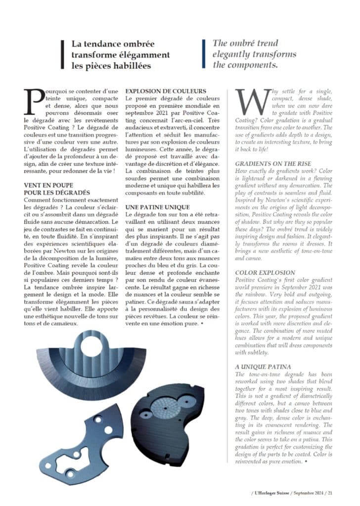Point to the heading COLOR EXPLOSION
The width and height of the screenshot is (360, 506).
pos(265,272)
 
